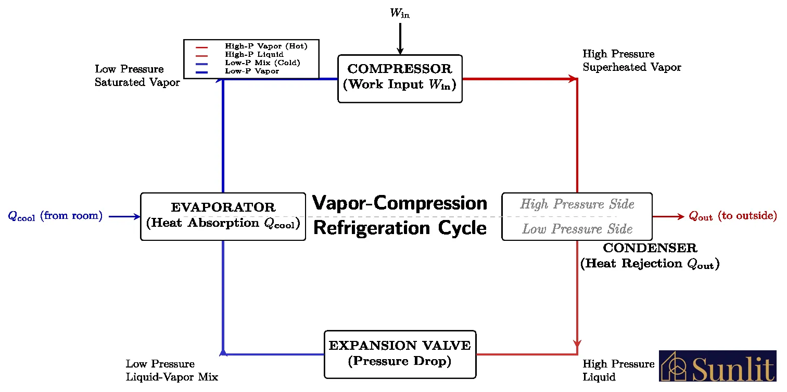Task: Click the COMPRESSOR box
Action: click(x=400, y=78)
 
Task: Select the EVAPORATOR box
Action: click(x=223, y=216)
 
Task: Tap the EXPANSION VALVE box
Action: click(x=400, y=354)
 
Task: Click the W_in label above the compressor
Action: click(x=400, y=14)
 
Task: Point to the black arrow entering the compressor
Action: click(x=400, y=39)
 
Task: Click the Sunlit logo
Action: click(x=717, y=366)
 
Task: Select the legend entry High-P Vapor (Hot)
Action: click(x=265, y=46)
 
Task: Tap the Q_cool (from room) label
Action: click(x=55, y=216)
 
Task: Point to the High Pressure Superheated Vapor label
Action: click(x=631, y=60)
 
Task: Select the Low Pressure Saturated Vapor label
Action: click(x=137, y=76)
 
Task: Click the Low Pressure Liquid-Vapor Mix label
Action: click(x=172, y=370)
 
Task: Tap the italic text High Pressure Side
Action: click(x=577, y=204)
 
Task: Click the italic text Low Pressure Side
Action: click(x=577, y=229)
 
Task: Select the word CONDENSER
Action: click(x=650, y=249)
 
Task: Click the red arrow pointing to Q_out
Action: click(x=668, y=216)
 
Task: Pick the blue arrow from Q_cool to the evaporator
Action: click(x=124, y=216)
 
